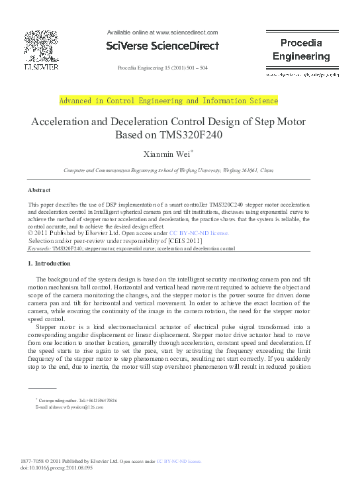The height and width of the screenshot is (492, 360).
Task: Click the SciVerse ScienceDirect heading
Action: tap(161, 46)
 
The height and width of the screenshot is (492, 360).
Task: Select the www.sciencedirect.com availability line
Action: tap(162, 32)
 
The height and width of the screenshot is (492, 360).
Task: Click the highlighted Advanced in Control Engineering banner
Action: tap(169, 101)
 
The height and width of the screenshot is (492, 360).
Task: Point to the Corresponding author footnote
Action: tap(77, 401)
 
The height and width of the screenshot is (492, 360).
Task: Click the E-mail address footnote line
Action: tap(69, 408)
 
